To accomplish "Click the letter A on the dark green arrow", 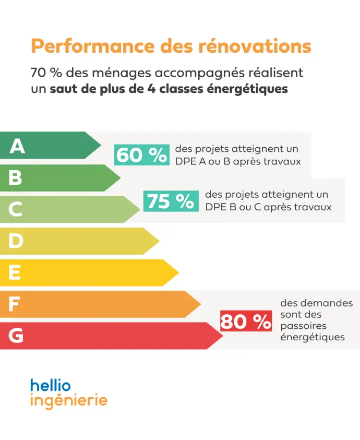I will [x=17, y=146].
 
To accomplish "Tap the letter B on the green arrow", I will [x=16, y=178].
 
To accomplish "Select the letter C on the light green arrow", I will [x=16, y=210].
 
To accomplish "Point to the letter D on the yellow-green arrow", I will [x=16, y=241].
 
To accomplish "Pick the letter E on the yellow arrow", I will [x=15, y=272].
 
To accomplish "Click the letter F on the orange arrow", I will [x=14, y=304].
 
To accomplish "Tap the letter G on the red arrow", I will [x=16, y=336].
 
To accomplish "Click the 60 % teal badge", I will [x=142, y=155].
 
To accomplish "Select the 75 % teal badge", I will [x=171, y=201].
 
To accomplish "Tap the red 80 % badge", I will [x=246, y=322].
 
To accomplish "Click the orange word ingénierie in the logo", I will [x=69, y=401].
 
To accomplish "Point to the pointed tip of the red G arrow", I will [x=223, y=336].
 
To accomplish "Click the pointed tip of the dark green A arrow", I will [x=101, y=145].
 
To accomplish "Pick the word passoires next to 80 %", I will [x=303, y=326].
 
